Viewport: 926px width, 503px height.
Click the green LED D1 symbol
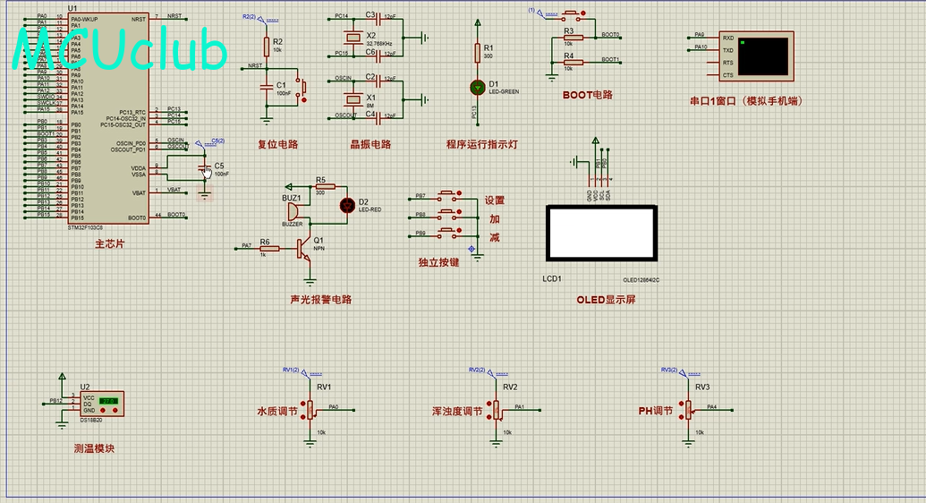click(x=477, y=87)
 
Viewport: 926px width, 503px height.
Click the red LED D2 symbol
click(x=348, y=205)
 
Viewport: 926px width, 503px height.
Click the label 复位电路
click(x=277, y=144)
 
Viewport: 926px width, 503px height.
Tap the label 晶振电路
click(x=370, y=144)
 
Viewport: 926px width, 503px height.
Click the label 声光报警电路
click(x=321, y=300)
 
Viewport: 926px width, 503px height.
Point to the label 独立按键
click(x=438, y=263)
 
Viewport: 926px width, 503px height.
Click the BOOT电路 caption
click(x=588, y=95)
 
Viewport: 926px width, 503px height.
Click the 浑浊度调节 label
click(x=459, y=412)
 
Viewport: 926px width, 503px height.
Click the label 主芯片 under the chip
click(x=111, y=244)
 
